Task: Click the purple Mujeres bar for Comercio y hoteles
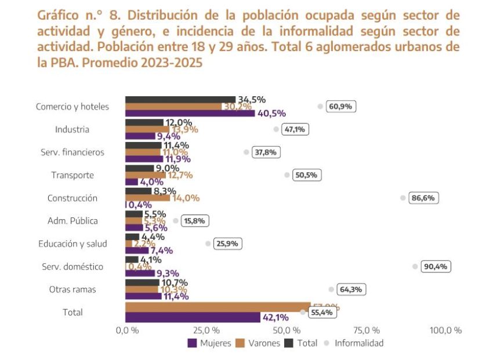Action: click(190, 113)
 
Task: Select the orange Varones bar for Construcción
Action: click(148, 198)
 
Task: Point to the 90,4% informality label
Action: click(436, 267)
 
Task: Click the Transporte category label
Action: click(73, 175)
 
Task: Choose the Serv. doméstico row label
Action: click(73, 267)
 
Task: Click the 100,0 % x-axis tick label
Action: click(445, 330)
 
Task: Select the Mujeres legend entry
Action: click(209, 343)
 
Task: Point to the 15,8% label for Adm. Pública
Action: click(195, 221)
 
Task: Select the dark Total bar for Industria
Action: click(144, 122)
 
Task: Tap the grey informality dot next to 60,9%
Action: click(320, 106)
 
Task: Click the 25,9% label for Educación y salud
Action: click(227, 244)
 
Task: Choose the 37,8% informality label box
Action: click(266, 152)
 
